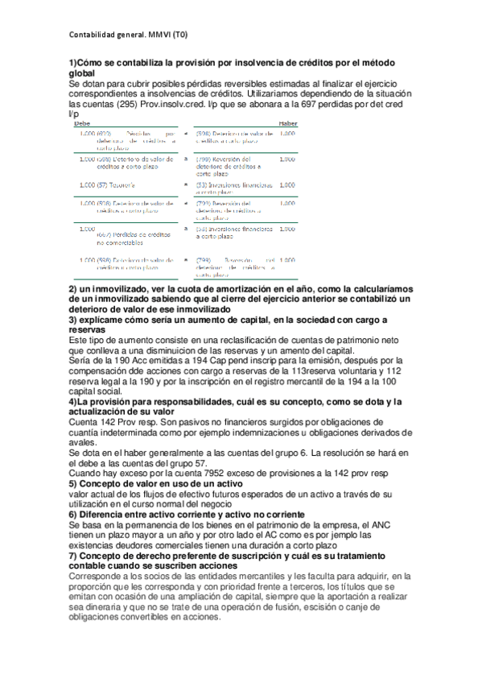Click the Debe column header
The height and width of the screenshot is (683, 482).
(81, 122)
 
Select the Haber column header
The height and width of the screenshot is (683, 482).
(288, 122)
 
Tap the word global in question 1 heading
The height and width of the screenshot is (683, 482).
(83, 73)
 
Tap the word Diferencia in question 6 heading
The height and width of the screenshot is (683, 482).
(101, 514)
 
